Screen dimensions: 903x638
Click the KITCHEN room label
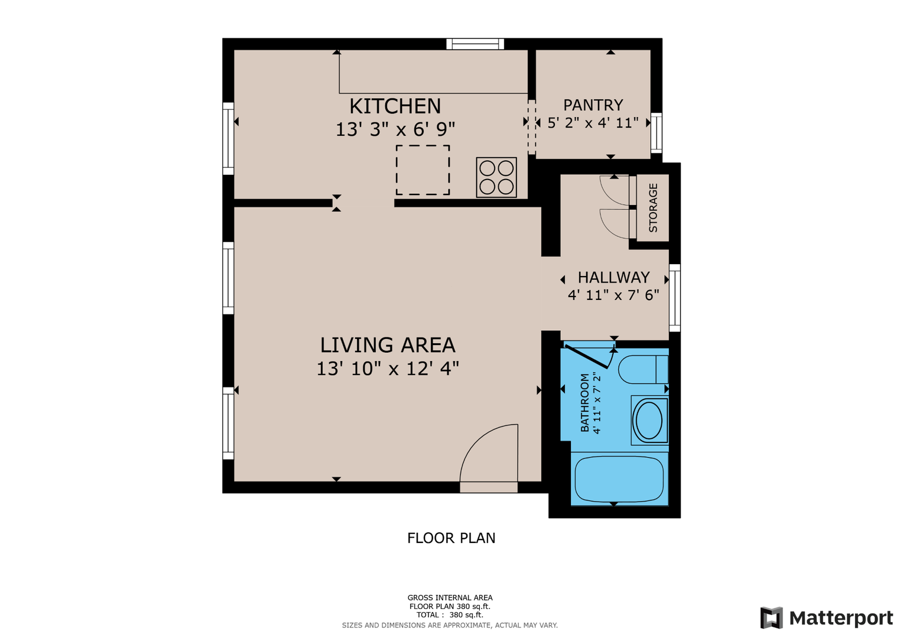click(x=395, y=106)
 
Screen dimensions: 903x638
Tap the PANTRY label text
click(x=593, y=105)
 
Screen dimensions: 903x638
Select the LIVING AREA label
click(x=388, y=345)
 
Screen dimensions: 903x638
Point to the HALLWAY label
click(x=613, y=278)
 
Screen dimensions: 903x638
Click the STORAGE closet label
click(x=653, y=207)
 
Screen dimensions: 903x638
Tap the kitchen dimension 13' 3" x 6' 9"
click(x=395, y=130)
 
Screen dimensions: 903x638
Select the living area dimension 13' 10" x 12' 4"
click(x=388, y=369)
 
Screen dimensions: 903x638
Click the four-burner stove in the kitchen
click(x=496, y=177)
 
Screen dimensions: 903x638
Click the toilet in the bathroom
click(x=644, y=370)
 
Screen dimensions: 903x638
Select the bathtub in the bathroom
click(x=619, y=479)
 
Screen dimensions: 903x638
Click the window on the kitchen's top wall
click(x=475, y=44)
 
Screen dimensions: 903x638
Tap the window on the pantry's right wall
click(x=657, y=133)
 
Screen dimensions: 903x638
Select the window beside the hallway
click(x=675, y=298)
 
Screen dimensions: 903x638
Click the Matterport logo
click(x=827, y=618)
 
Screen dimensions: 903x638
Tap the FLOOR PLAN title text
click(x=451, y=538)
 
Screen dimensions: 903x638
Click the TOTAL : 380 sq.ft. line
click(x=450, y=615)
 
